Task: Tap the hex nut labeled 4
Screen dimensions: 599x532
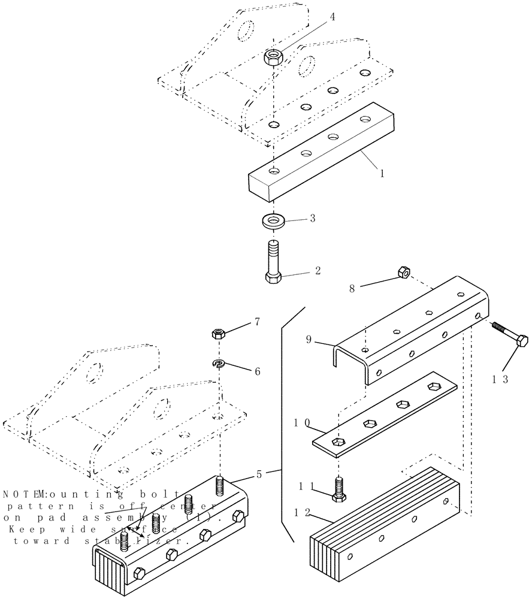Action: [x=274, y=58]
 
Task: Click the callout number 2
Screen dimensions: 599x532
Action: [x=317, y=271]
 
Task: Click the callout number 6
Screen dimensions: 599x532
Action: [x=257, y=371]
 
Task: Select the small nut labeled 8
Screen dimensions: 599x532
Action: [x=403, y=274]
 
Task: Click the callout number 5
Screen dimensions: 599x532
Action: [x=258, y=475]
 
